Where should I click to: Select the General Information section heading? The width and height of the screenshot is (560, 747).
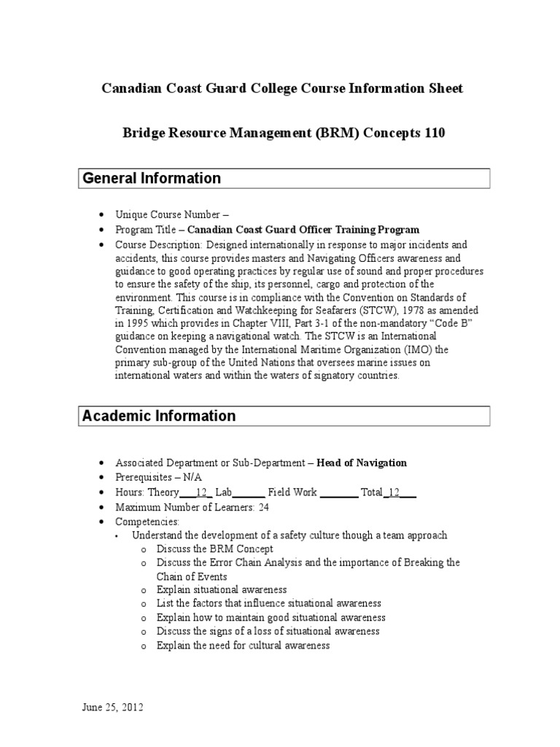point(152,178)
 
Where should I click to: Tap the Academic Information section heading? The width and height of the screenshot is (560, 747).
point(159,416)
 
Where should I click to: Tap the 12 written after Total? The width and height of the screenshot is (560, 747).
point(394,492)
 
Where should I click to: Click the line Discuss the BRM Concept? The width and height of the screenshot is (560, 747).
point(215,549)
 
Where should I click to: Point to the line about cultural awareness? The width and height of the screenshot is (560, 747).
point(244,646)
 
